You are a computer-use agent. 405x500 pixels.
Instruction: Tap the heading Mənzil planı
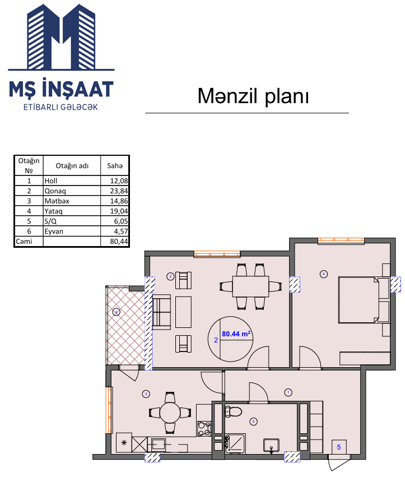click(x=253, y=96)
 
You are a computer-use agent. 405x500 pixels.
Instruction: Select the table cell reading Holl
click(x=51, y=181)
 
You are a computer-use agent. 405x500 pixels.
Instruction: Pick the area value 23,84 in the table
click(x=119, y=191)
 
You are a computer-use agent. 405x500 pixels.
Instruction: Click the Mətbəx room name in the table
click(x=57, y=201)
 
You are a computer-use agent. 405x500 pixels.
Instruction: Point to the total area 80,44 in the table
click(x=119, y=242)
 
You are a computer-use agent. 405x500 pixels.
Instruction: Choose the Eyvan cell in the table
click(x=54, y=231)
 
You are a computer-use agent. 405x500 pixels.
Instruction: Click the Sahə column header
click(x=115, y=165)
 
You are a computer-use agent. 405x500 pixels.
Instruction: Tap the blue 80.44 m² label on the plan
click(x=236, y=334)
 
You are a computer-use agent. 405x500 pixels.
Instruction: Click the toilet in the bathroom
click(x=233, y=411)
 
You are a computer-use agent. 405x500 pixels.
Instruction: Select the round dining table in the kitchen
click(x=170, y=413)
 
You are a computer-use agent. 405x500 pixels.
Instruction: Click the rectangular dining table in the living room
click(x=250, y=286)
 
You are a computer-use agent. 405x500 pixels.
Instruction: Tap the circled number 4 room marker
click(x=324, y=274)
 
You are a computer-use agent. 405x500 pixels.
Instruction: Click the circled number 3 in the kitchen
click(x=146, y=394)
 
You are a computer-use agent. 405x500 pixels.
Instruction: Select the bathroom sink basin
click(x=271, y=445)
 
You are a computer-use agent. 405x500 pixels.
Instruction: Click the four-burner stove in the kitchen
click(x=204, y=429)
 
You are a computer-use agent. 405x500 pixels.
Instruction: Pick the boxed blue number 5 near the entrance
click(x=339, y=447)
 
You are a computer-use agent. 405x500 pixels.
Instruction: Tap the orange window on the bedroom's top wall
click(x=341, y=241)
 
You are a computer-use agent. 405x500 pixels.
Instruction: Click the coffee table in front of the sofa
click(x=183, y=312)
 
